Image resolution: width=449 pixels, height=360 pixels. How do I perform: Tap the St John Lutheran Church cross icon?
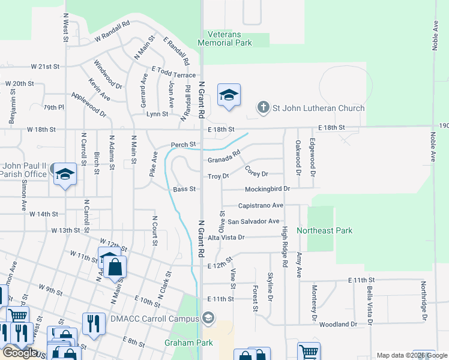click(x=262, y=108)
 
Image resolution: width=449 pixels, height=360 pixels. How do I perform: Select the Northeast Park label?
click(x=341, y=230)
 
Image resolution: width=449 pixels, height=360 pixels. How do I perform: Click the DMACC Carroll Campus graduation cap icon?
click(x=208, y=317)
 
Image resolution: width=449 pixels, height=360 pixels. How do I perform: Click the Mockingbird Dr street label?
click(x=267, y=188)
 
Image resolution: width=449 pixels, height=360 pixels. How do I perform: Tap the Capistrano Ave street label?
click(x=261, y=205)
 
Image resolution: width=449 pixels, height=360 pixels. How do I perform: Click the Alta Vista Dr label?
click(x=226, y=238)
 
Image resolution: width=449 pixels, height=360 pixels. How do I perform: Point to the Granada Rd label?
click(x=220, y=160)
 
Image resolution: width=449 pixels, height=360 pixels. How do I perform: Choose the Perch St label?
click(x=183, y=145)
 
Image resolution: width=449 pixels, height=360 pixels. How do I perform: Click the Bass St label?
click(x=184, y=189)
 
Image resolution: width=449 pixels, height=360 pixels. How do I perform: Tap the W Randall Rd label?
click(x=112, y=32)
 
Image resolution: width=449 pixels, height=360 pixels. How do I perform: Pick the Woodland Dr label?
click(x=337, y=324)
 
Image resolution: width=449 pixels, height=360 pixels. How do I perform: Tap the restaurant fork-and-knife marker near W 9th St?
click(x=93, y=323)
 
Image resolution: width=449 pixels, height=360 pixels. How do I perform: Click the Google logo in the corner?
click(x=20, y=352)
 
